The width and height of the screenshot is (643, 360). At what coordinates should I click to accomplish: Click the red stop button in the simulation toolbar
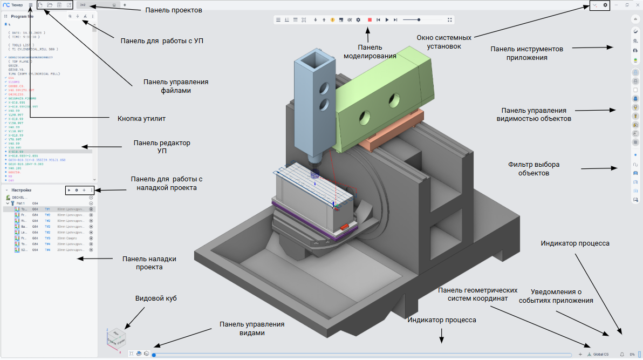pyautogui.click(x=370, y=20)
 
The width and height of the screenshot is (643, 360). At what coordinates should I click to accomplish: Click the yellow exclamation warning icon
pyautogui.click(x=332, y=20)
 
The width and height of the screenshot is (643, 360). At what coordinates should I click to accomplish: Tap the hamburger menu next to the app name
pyautogui.click(x=31, y=5)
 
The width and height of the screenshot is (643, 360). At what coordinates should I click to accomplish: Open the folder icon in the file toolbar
pyautogui.click(x=50, y=5)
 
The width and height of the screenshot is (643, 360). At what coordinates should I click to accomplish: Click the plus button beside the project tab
pyautogui.click(x=125, y=5)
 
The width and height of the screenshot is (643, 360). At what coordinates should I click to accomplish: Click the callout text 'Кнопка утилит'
pyautogui.click(x=141, y=118)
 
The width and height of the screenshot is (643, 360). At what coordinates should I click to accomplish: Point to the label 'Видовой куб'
pyautogui.click(x=155, y=298)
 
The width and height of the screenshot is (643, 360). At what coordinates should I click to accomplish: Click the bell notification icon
pyautogui.click(x=621, y=355)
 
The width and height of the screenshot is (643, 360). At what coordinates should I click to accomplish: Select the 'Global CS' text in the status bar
pyautogui.click(x=600, y=355)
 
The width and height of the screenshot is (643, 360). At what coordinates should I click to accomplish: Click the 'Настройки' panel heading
pyautogui.click(x=22, y=191)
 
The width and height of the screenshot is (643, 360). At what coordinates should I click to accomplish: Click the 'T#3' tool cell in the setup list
pyautogui.click(x=47, y=237)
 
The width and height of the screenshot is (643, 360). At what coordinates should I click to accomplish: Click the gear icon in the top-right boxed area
pyautogui.click(x=605, y=5)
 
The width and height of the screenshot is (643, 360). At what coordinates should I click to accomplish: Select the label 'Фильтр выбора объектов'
pyautogui.click(x=534, y=169)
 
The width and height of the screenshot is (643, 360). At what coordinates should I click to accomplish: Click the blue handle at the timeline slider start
pyautogui.click(x=154, y=355)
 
